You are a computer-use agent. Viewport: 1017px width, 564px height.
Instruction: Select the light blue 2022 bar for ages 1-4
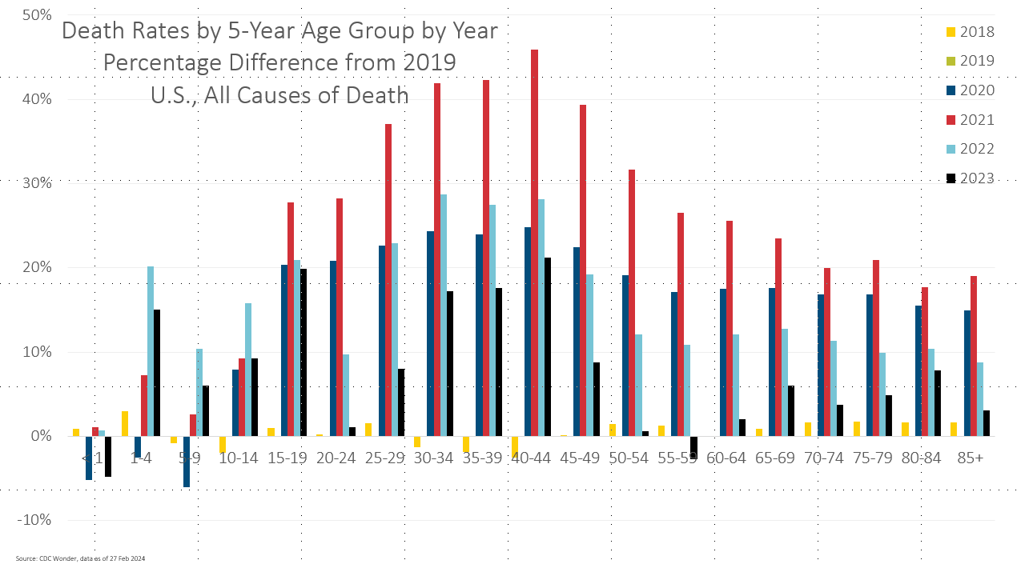151,351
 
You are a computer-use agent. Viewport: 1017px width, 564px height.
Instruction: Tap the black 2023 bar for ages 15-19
303,352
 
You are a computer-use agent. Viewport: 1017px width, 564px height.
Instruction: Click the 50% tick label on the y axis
35,15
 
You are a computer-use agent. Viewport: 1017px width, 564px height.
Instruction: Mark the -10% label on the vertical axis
33,520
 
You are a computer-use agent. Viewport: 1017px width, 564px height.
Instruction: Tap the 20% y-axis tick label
35,267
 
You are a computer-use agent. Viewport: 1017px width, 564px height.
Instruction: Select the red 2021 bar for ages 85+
974,356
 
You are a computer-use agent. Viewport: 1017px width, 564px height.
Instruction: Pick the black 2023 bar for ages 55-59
693,446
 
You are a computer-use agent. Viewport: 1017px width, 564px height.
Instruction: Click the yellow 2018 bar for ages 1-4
125,423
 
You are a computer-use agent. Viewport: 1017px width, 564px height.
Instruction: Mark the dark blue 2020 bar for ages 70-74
821,365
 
